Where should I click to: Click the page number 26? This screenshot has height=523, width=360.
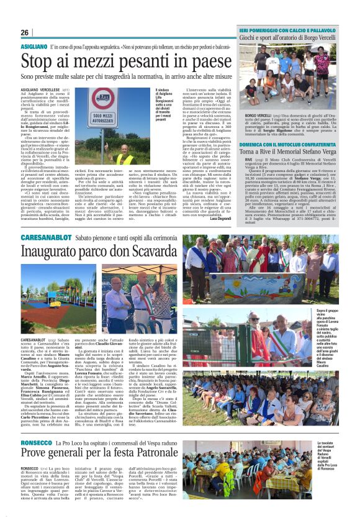coord(25,32)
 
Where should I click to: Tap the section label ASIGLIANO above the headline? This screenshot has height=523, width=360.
coord(34,47)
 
